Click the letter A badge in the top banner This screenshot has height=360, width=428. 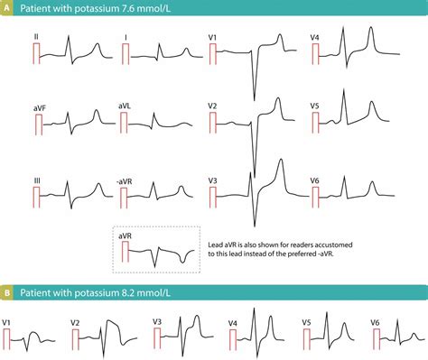(x=10, y=10)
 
